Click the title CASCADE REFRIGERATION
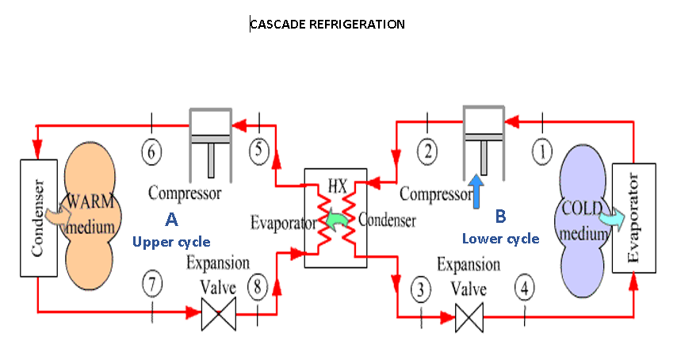click(x=327, y=25)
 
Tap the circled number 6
click(x=153, y=150)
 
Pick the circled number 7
click(x=153, y=283)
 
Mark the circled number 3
click(x=422, y=289)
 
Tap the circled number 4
click(x=524, y=287)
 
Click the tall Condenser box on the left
click(x=38, y=218)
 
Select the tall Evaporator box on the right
click(x=634, y=218)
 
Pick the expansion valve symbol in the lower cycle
click(x=469, y=318)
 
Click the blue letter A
click(x=171, y=217)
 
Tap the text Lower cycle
click(x=500, y=238)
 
